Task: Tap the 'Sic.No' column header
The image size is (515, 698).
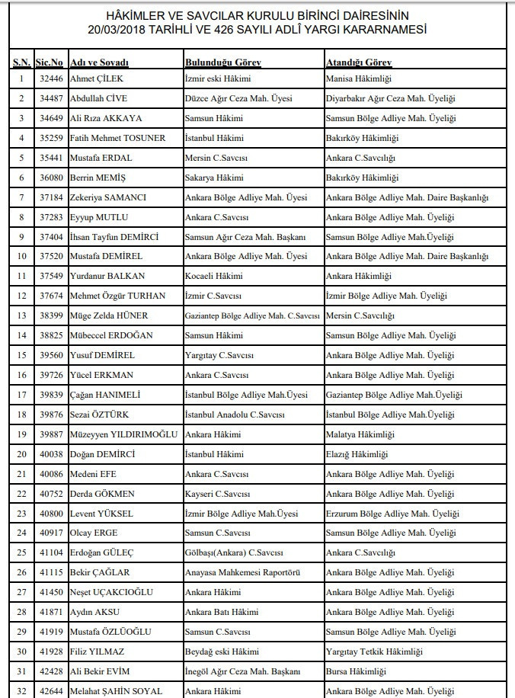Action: click(x=50, y=61)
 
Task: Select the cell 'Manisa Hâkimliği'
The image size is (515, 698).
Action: click(x=358, y=78)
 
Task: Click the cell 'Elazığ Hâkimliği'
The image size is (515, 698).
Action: click(x=357, y=454)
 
